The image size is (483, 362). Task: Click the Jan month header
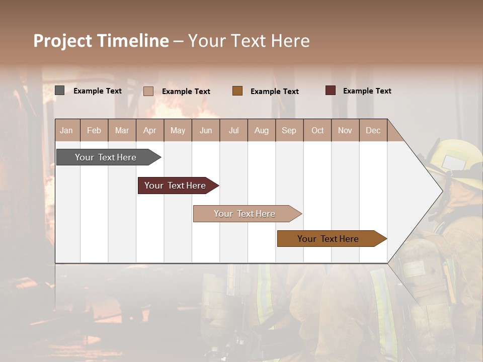point(66,130)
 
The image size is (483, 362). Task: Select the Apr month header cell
point(149,130)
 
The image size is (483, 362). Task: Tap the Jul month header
point(233,130)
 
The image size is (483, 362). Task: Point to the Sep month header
point(289,130)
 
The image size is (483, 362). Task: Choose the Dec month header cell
point(373,130)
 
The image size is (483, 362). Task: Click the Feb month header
point(94,130)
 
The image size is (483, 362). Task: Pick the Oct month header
point(317,130)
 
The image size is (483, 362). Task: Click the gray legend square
point(59,90)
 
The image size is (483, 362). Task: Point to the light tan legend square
point(148,91)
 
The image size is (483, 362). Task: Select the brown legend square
point(237,90)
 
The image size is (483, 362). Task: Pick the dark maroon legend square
point(330,90)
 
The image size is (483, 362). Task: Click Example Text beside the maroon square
point(367,91)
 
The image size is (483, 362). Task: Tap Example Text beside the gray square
point(97,91)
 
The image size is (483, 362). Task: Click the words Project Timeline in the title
point(101,41)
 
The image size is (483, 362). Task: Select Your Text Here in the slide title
point(249,41)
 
